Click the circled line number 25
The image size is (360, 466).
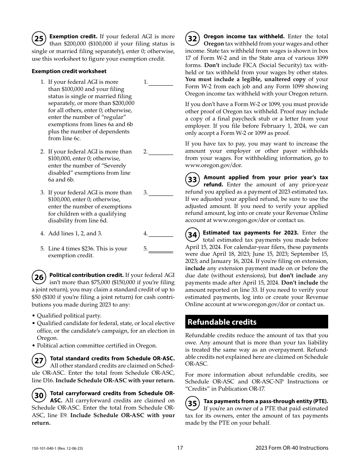coord(39,39)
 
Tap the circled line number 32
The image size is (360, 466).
coord(193,39)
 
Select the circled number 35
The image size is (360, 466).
coord(193,403)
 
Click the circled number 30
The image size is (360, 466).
coord(39,396)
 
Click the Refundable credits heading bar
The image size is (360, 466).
coord(257,322)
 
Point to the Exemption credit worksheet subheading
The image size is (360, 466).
coord(69,71)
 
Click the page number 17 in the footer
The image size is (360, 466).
coord(180,448)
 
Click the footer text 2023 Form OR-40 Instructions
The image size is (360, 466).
coord(292,448)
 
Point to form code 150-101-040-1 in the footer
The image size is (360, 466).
coord(57,448)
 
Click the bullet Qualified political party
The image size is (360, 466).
coord(69,316)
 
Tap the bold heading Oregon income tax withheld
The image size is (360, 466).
coord(244,36)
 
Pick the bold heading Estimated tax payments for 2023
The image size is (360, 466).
coord(250,233)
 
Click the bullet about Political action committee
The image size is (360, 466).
coord(97,346)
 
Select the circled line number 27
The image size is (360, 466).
coord(39,361)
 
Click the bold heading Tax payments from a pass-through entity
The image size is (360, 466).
coord(266,401)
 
